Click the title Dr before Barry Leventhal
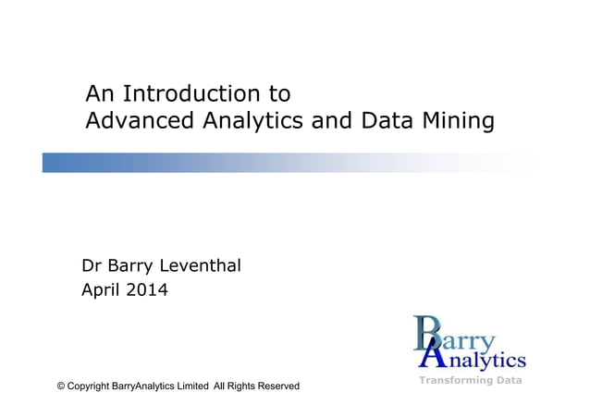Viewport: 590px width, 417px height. pyautogui.click(x=92, y=266)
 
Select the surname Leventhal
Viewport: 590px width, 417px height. pyautogui.click(x=202, y=266)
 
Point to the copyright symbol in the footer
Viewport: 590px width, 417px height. pyautogui.click(x=61, y=386)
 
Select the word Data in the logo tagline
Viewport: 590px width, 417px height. pyautogui.click(x=507, y=380)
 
